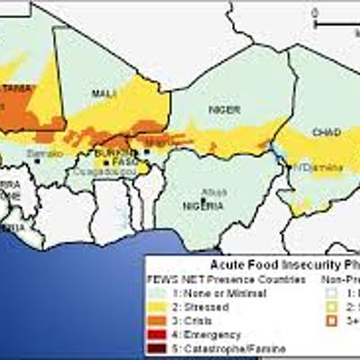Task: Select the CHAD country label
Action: [x=324, y=132]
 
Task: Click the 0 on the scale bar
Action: [x=315, y=13]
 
